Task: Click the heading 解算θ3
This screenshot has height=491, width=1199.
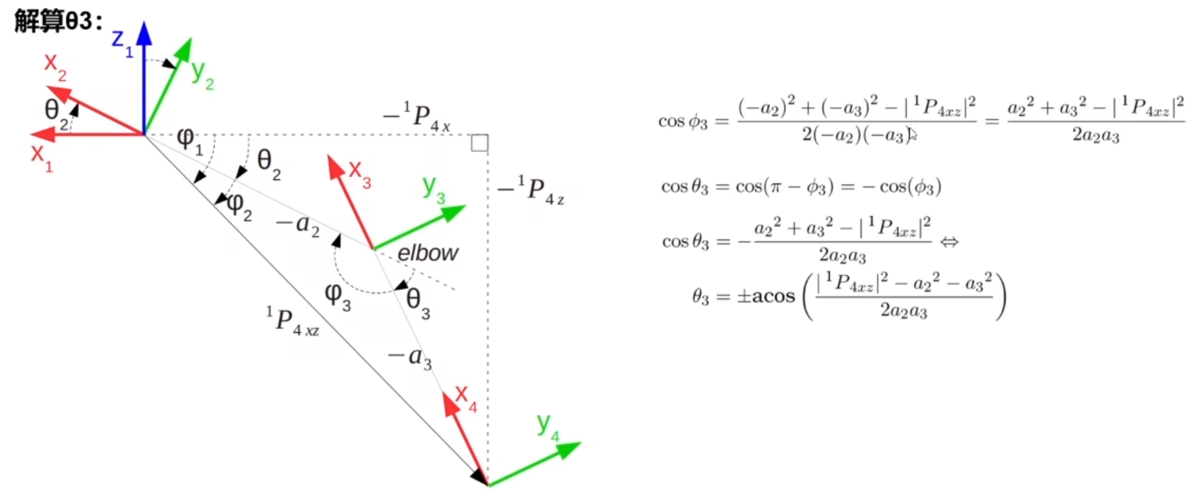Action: tap(58, 21)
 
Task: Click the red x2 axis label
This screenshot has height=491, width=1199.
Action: tap(56, 67)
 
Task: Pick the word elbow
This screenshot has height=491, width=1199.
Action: tap(428, 253)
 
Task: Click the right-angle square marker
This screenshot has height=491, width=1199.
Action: tap(480, 143)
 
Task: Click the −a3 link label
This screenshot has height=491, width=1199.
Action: tap(411, 358)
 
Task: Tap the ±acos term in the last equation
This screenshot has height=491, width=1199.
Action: tap(765, 296)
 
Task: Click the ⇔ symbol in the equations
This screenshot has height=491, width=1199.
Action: tap(949, 242)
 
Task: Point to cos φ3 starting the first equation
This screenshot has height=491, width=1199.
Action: tap(682, 122)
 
